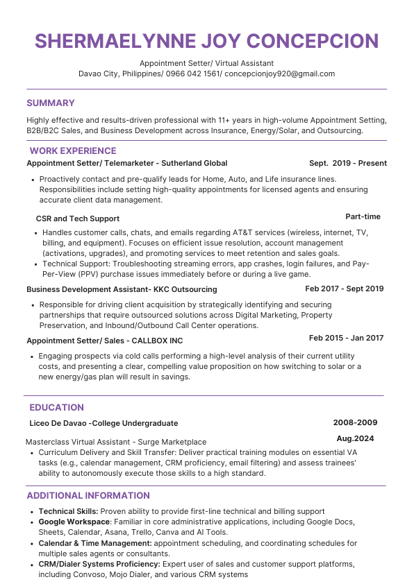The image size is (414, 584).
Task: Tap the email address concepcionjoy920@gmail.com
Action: (281, 74)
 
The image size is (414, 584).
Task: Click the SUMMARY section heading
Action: (50, 103)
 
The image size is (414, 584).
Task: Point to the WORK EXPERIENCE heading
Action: (72, 151)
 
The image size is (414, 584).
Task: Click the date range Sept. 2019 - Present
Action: (347, 164)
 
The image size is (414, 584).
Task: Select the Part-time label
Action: (363, 216)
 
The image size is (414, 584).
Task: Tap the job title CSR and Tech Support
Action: (78, 218)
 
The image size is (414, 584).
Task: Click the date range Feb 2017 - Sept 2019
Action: (344, 289)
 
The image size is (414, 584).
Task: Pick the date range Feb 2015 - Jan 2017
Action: (346, 338)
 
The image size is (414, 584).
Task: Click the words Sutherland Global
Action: (194, 164)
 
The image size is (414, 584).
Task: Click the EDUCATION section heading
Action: (57, 408)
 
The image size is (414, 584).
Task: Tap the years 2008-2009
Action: (355, 422)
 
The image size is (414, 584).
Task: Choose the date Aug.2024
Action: (355, 438)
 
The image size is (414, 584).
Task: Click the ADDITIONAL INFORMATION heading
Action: (88, 496)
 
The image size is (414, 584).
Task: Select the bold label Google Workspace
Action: (74, 522)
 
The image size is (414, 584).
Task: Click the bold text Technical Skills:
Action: (68, 511)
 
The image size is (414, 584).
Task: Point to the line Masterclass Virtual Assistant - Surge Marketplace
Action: (116, 442)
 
